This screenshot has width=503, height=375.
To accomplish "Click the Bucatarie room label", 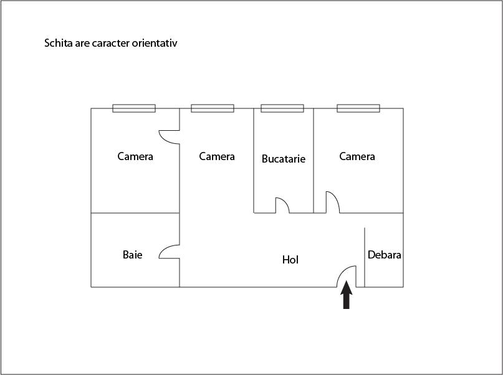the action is pos(283,159).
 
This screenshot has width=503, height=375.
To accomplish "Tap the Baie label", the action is pos(133,255).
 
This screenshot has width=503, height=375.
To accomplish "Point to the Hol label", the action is pos(290,260).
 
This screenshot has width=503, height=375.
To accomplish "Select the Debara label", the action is pos(385,255).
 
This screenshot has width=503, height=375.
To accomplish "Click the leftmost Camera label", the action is pos(135,156).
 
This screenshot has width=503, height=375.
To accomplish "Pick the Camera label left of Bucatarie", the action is pos(217,156).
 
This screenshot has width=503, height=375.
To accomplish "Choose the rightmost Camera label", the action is pos(357,156).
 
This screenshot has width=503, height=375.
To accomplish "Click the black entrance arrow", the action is pos(346,295).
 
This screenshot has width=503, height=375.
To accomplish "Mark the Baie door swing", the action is pos(163,249).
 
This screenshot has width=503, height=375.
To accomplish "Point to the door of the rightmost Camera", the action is pos(335,197).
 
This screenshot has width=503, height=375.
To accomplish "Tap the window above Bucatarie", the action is pos(282,108).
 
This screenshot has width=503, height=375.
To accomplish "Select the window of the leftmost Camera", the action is pos(134,108).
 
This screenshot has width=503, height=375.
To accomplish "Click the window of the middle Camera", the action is pos(213,108).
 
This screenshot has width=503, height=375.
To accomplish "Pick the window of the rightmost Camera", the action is pos(358,108).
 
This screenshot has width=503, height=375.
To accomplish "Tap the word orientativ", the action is pos(155,43).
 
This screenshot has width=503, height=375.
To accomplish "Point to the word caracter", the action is pos(111,43).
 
